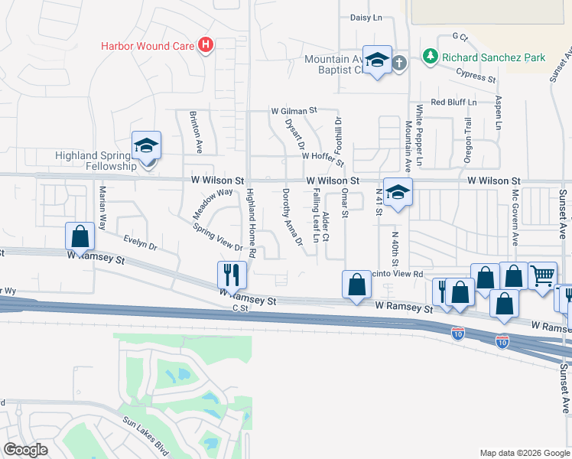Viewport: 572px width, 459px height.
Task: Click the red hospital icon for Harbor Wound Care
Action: pyautogui.click(x=204, y=46)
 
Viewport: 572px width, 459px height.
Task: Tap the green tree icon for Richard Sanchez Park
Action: pyautogui.click(x=431, y=57)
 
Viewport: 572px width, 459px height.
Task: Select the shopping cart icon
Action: pyautogui.click(x=543, y=275)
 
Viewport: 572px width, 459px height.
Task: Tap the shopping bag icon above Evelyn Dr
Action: pyautogui.click(x=80, y=236)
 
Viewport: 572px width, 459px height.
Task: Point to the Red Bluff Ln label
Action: pyautogui.click(x=453, y=102)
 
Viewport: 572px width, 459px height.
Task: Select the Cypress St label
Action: pyautogui.click(x=476, y=75)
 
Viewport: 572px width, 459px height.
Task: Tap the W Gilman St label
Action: pyautogui.click(x=294, y=111)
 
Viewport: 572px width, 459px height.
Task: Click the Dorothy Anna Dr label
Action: pyautogui.click(x=291, y=216)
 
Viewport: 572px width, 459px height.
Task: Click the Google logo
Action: pyautogui.click(x=26, y=450)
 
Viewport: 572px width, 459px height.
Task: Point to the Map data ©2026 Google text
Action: pyautogui.click(x=524, y=453)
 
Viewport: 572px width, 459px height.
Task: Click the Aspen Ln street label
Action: pyautogui.click(x=499, y=112)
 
